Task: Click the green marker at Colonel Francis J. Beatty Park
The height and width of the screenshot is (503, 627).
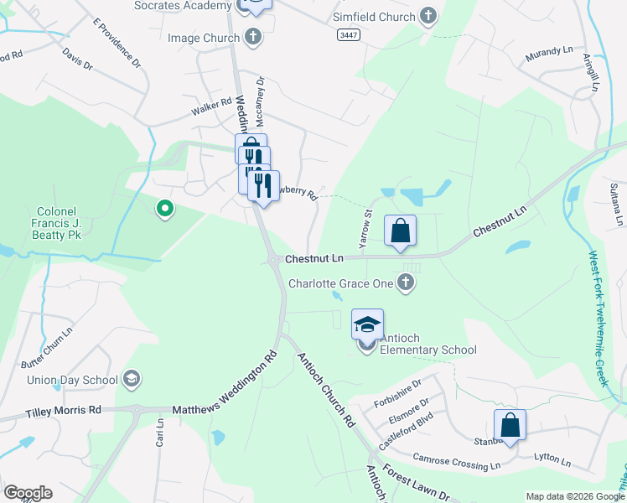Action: coord(165,208)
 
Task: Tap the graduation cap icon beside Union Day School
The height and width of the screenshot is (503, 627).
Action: coord(131,380)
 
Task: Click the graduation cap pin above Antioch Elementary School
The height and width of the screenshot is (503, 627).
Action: coord(367,324)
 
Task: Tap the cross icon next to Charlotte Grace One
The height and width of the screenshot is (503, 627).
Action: coord(406,283)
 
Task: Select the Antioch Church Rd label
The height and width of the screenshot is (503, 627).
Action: coord(327,391)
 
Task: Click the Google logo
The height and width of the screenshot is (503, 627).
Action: coord(28,493)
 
